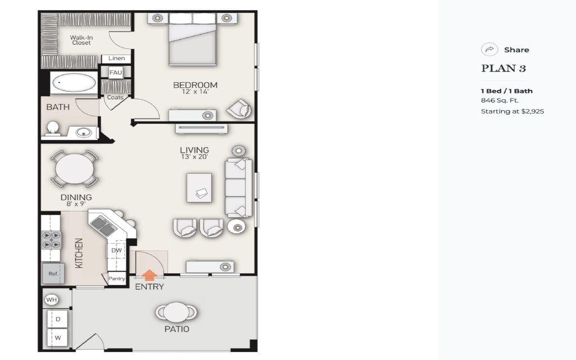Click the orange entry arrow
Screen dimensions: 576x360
coord(149,275)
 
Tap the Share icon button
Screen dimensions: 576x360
coord(489,49)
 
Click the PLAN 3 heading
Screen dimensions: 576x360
coord(503,68)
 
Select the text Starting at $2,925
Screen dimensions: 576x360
coord(512,111)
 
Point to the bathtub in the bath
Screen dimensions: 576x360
coord(74,83)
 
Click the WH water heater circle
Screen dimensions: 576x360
coord(51,300)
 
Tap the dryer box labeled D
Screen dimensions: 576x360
coord(58,319)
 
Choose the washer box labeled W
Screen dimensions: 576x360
coord(58,337)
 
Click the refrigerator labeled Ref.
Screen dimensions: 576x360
coord(53,273)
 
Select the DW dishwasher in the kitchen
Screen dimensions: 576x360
coord(116,250)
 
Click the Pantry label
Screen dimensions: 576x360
coord(117,278)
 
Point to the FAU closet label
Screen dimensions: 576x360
coord(116,73)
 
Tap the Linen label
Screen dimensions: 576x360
coord(116,58)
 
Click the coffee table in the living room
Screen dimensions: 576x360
coord(199,188)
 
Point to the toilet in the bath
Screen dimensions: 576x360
coord(53,129)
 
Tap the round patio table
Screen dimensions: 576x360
coord(176,312)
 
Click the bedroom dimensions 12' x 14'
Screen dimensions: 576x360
coord(195,92)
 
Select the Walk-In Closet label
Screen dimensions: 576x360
coord(81,40)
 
